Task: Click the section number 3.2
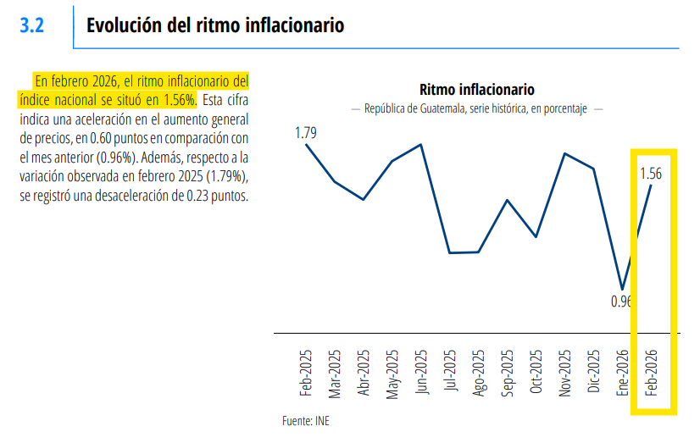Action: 31,25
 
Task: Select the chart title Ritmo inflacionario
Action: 477,90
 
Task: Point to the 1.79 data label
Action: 306,132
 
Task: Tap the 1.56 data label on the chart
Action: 651,174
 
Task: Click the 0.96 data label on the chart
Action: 621,301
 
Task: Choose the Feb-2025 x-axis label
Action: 306,374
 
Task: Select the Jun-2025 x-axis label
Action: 421,374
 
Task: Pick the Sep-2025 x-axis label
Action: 507,374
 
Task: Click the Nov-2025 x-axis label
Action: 564,374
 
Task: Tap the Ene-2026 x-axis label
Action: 622,374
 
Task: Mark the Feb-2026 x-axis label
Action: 651,374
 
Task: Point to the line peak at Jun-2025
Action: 421,144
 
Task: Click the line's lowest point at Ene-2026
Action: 622,289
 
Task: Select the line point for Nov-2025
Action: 564,153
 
